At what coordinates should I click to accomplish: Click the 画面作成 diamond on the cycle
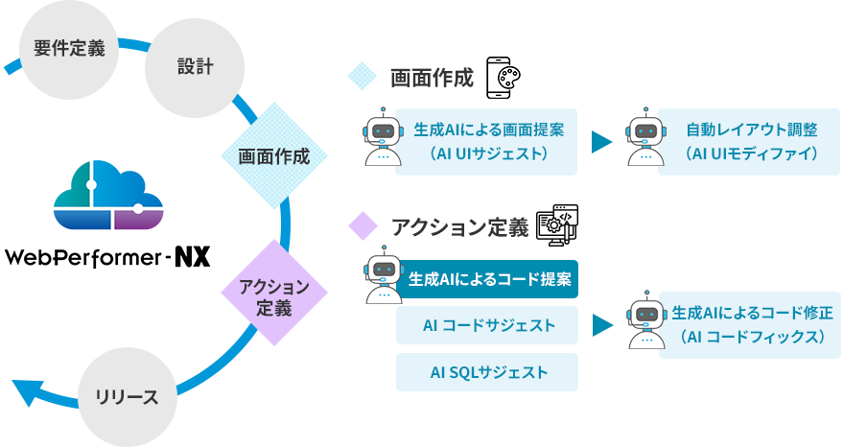(274, 156)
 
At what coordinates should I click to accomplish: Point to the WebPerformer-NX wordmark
(106, 257)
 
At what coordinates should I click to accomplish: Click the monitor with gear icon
(556, 224)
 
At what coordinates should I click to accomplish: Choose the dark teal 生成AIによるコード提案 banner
(490, 279)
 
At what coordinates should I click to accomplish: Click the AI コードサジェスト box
(488, 325)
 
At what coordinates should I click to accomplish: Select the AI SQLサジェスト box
(488, 372)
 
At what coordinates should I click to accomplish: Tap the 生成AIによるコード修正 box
(751, 325)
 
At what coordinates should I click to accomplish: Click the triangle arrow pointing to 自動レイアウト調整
(601, 142)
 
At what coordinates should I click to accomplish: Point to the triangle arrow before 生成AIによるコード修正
(601, 325)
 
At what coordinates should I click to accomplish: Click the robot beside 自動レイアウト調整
(644, 140)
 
